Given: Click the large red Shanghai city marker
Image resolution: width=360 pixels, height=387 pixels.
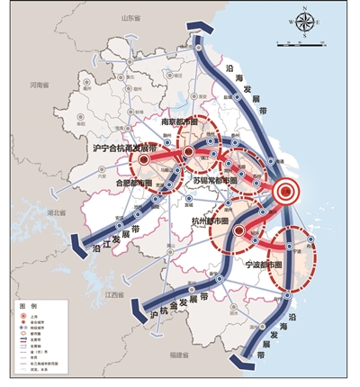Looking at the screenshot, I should (x=284, y=191).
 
